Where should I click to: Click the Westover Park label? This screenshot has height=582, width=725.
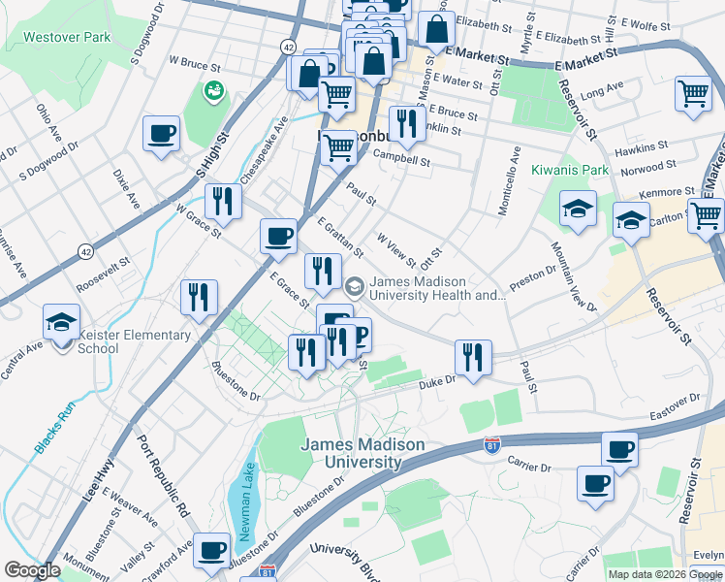click(68, 37)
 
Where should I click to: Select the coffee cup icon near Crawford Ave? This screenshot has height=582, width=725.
click(210, 551)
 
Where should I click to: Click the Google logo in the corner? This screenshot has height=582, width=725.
click(32, 570)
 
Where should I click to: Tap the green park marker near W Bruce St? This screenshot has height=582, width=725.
click(212, 90)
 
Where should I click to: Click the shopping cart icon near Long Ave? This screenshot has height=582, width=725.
click(694, 93)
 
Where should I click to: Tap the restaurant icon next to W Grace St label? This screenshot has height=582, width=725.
click(224, 202)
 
